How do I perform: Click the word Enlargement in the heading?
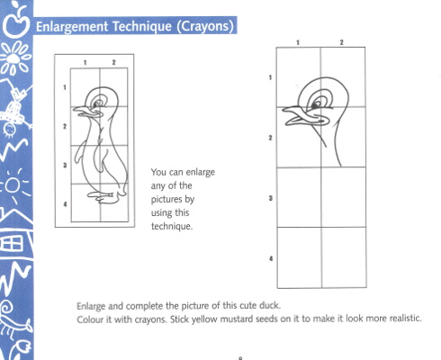pos(72,27)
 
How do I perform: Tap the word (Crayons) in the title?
pos(205,26)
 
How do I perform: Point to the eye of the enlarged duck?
pos(316,104)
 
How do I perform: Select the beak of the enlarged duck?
pos(303,116)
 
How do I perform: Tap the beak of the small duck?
pos(86,112)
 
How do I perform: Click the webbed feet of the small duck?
pos(103,196)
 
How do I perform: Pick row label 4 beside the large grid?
pos(271,258)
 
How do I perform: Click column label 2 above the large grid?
pos(341,42)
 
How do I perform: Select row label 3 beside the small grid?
pos(65,165)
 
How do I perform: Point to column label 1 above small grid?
pos(85,62)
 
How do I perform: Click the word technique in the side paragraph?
pos(171,226)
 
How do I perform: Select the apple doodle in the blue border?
pos(17,20)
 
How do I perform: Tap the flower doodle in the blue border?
pos(14,58)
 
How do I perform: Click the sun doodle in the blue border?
pos(13,185)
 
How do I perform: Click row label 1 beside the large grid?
pos(270,77)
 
